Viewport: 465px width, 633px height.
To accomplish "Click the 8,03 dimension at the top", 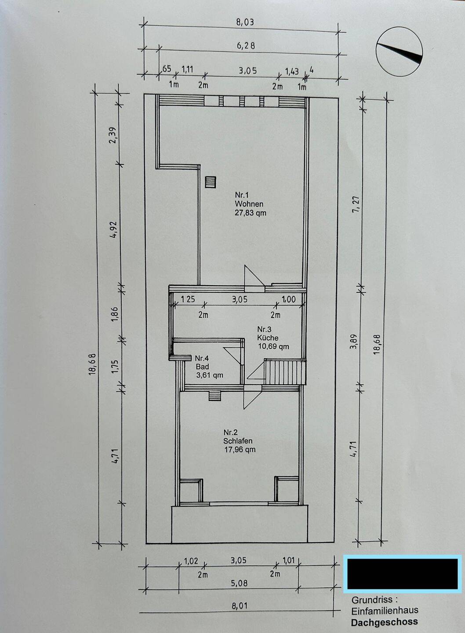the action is pos(245,22).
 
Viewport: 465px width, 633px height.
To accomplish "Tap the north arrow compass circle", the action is pos(399,52).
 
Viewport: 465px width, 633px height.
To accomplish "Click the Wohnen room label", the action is pos(249,204).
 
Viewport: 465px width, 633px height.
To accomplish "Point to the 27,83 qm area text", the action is pos(250,213).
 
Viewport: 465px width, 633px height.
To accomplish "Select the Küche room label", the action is pos(268,338).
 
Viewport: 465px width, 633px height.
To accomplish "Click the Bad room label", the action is pos(203,367).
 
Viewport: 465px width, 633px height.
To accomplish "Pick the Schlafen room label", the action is pos(238,440).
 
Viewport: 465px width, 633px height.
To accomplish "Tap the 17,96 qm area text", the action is pos(240,450).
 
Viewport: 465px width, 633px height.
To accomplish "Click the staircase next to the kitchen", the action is pos(285,372).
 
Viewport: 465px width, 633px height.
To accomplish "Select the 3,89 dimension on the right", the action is pos(354,342).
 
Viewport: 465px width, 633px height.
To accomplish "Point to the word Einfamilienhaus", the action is pos(385,611).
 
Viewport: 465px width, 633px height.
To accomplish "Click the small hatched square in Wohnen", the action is pos(211,182).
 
